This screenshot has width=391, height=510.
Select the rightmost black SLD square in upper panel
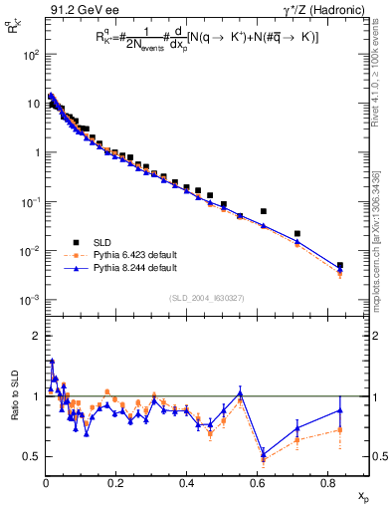click(x=340, y=266)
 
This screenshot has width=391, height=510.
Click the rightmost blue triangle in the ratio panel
click(x=340, y=409)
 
